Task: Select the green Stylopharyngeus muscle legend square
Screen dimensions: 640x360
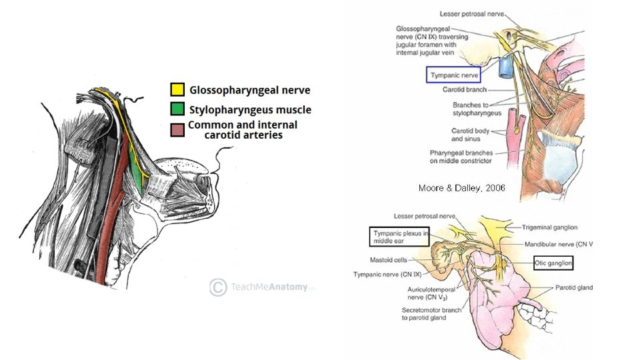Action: (177, 109)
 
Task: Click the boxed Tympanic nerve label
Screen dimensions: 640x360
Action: (453, 75)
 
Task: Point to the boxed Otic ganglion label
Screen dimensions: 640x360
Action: (553, 263)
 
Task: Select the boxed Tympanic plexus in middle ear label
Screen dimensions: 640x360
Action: (399, 236)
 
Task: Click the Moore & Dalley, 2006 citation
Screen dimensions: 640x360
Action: (461, 188)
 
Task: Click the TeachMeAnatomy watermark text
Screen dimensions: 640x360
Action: (269, 287)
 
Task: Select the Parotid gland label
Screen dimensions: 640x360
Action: (573, 287)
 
